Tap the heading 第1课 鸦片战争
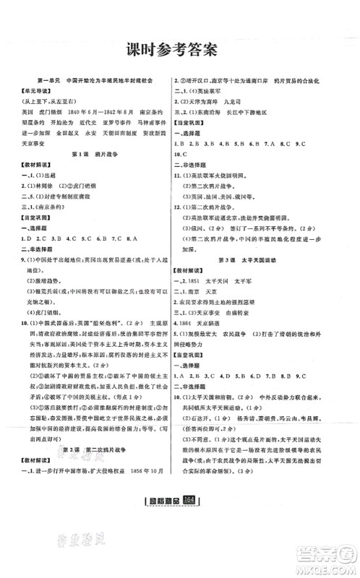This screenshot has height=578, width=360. (x=94, y=174)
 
